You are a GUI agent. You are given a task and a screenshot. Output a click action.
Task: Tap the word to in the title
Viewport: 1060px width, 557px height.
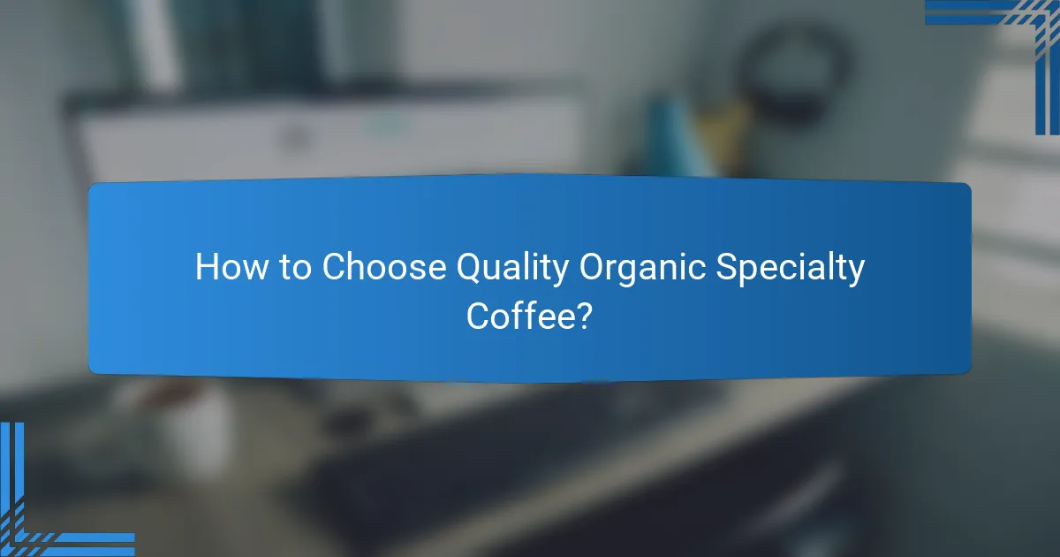pyautogui.click(x=296, y=268)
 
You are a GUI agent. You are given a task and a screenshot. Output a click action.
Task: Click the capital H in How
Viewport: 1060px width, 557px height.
pyautogui.click(x=206, y=268)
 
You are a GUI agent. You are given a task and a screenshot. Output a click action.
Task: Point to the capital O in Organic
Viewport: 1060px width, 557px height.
pyautogui.click(x=594, y=268)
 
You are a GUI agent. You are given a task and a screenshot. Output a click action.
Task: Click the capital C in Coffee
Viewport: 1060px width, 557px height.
pyautogui.click(x=479, y=316)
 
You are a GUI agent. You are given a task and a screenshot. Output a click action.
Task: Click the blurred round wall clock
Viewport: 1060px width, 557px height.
pyautogui.click(x=794, y=66)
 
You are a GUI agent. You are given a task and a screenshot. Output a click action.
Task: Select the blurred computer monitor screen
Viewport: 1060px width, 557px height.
pyautogui.click(x=327, y=141)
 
